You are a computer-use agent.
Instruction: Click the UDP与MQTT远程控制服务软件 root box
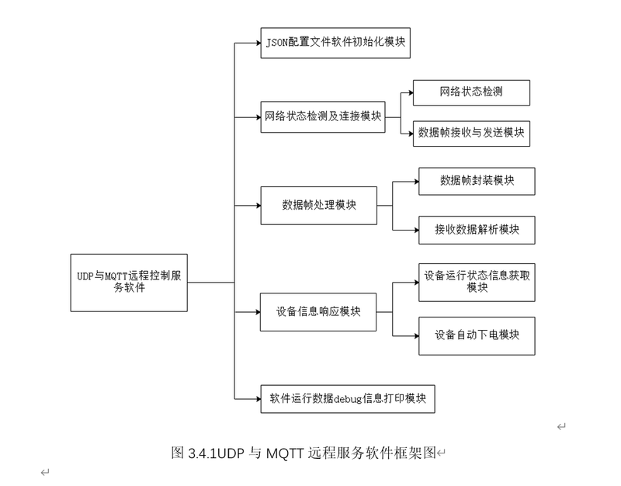129,283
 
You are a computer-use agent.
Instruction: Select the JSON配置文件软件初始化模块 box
335,43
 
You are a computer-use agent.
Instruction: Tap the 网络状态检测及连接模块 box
323,117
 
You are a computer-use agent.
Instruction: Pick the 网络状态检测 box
471,92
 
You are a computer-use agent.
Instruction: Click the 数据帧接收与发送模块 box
471,134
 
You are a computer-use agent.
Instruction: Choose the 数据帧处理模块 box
319,206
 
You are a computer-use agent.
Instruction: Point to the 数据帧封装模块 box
477,182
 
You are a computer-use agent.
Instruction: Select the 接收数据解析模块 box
477,230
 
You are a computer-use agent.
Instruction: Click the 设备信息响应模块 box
318,312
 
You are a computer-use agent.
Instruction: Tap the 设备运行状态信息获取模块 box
477,283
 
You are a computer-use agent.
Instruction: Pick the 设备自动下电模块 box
477,336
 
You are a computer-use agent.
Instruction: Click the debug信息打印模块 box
348,399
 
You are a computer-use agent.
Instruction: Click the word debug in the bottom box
348,399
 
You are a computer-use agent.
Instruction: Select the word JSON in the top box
276,43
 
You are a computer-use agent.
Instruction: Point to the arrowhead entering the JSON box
258,43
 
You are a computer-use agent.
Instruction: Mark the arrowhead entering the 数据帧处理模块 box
258,206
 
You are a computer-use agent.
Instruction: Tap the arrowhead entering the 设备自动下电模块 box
416,336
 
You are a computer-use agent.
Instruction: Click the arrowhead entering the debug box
258,399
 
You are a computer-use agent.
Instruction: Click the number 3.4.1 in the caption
203,453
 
